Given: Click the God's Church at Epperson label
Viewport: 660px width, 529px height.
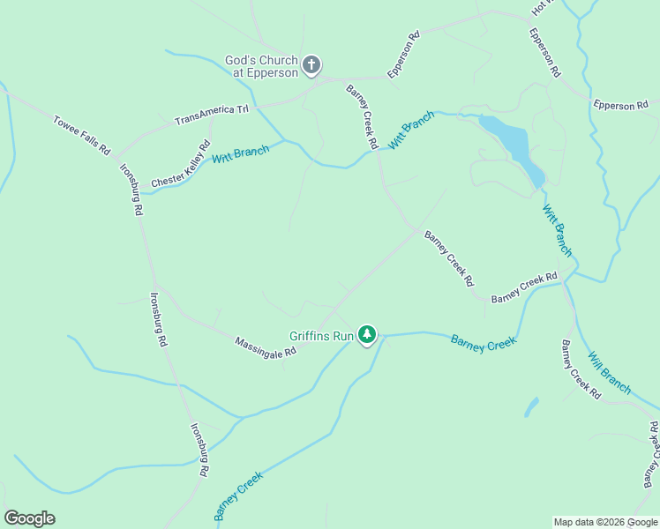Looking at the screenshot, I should [261, 66].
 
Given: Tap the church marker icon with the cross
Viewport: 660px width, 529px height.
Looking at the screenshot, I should [311, 64].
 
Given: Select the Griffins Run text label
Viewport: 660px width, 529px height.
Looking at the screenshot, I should [321, 336].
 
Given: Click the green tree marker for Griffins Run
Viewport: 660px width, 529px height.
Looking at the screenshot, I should [367, 335].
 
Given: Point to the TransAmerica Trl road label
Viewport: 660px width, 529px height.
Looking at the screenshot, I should [213, 115].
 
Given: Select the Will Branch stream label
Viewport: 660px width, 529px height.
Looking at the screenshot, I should [610, 372].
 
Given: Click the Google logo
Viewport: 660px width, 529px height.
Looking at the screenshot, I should [29, 518].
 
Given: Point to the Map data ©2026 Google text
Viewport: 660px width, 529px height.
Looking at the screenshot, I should [605, 522].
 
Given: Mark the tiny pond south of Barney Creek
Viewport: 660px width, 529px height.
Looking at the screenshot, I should [531, 406].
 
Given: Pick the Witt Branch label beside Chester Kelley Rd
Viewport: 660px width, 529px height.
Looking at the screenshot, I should [240, 155].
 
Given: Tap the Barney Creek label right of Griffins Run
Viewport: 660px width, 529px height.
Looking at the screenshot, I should [483, 342].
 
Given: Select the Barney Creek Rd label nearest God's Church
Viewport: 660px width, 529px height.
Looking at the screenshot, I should [363, 116].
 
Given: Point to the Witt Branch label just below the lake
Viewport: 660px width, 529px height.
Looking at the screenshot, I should [557, 230].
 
